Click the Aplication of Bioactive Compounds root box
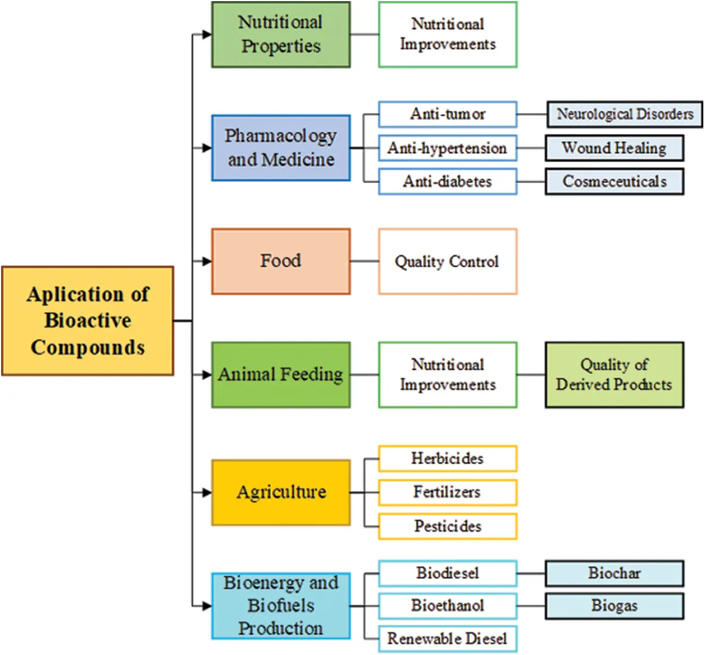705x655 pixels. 88,321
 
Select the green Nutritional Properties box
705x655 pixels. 280,35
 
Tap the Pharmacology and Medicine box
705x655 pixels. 280,148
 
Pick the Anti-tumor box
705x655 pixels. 447,114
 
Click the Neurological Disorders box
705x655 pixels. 624,114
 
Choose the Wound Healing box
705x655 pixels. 614,148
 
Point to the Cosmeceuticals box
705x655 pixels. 614,181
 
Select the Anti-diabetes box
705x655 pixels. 447,181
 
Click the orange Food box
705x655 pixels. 280,261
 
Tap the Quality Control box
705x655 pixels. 447,261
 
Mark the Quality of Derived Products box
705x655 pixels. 614,375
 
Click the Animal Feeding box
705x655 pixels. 280,375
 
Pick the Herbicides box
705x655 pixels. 447,458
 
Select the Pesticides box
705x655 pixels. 447,526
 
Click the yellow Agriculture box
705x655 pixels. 280,493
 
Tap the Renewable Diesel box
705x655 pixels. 447,639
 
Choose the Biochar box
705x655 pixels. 614,573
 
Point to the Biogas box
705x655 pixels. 614,606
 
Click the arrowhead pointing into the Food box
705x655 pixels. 207,261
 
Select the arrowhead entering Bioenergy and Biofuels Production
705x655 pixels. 207,606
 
